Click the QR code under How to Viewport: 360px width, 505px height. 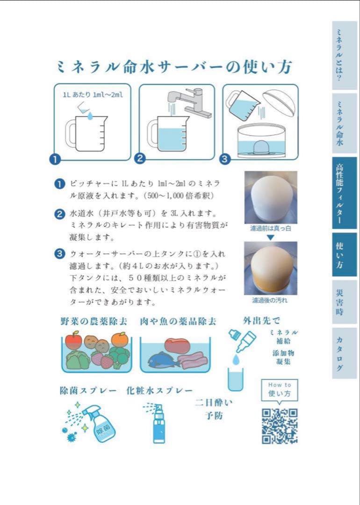[280, 426]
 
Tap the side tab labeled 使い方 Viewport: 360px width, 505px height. [344, 254]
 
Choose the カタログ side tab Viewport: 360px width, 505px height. [344, 353]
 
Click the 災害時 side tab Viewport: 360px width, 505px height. [344, 302]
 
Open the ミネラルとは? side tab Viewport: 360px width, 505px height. [344, 55]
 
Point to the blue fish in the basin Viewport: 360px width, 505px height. [164, 360]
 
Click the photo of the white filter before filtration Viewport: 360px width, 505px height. [271, 197]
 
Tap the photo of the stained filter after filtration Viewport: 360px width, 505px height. [271, 268]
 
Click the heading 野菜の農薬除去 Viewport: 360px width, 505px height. [94, 321]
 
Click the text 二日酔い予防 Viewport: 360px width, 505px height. [214, 409]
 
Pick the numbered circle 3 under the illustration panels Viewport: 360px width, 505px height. [225, 159]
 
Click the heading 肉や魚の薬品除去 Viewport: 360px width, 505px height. [178, 321]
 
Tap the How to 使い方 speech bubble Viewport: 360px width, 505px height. [280, 390]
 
